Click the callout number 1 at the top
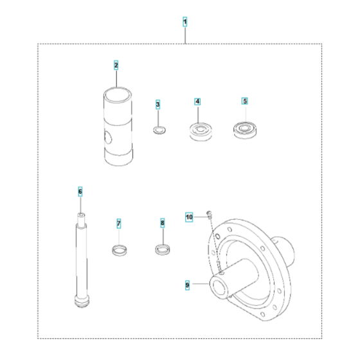[x=185, y=22]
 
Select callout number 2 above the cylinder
[x=116, y=65]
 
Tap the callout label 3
[x=157, y=104]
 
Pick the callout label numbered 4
[x=198, y=102]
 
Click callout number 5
[x=244, y=102]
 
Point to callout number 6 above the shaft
[x=80, y=192]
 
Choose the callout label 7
[x=119, y=223]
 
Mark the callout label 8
[x=163, y=223]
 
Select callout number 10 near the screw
[x=189, y=217]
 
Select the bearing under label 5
[x=244, y=130]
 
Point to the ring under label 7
[x=119, y=249]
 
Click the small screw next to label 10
[x=208, y=215]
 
